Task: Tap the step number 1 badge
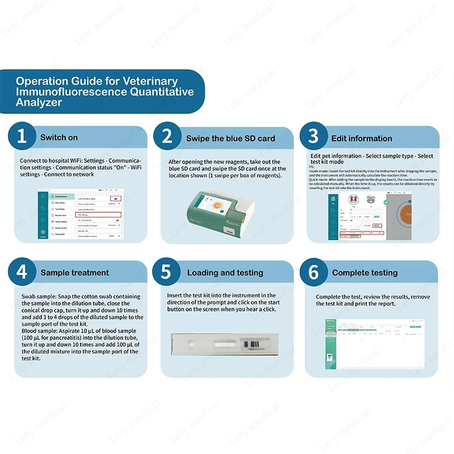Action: (22, 137)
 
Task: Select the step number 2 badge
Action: (166, 137)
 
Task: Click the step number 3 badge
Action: (313, 137)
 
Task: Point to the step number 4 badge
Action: (22, 272)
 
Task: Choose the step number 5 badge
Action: (166, 272)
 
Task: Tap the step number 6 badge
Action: (313, 272)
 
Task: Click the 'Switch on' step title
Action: (59, 138)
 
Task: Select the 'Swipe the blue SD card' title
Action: (230, 138)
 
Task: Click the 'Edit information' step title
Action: (362, 138)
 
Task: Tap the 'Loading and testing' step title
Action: (225, 273)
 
